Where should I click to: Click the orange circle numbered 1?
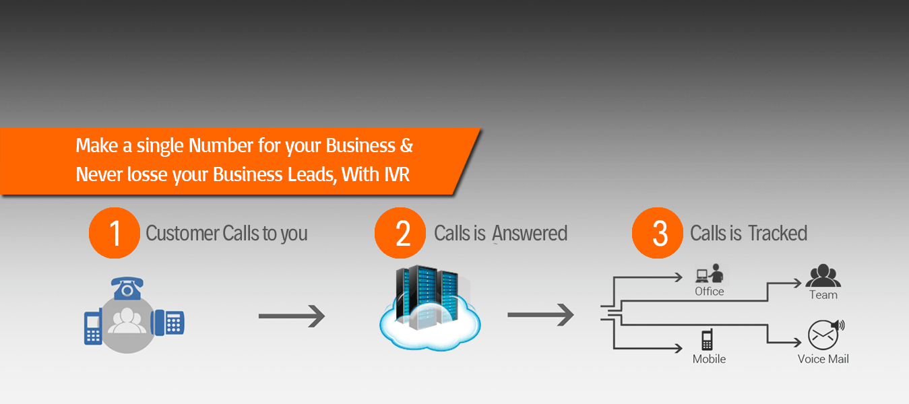[115, 233]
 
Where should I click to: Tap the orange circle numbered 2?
[402, 233]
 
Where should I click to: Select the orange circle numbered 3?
[659, 233]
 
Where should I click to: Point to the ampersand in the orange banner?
[406, 145]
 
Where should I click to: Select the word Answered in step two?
[530, 234]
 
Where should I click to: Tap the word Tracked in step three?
[778, 234]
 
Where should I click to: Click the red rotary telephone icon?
[127, 288]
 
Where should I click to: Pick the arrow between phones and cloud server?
[292, 315]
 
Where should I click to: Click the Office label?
[710, 292]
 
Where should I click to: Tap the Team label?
[823, 295]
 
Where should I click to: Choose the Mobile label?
[710, 359]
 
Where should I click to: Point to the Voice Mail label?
[823, 359]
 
